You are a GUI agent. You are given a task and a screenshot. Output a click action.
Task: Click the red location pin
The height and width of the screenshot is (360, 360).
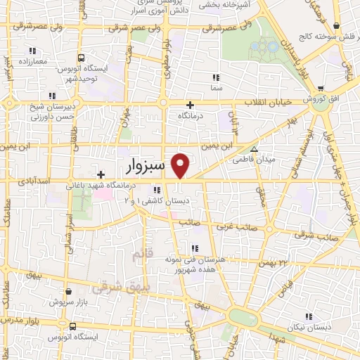pyautogui.click(x=181, y=165)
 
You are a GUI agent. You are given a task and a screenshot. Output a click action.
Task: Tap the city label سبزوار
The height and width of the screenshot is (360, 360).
pyautogui.click(x=146, y=166)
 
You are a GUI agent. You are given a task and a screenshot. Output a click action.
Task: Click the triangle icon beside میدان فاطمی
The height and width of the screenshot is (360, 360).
pyautogui.click(x=254, y=149)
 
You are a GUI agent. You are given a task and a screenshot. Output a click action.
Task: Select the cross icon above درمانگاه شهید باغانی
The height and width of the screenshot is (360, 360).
pyautogui.click(x=101, y=174)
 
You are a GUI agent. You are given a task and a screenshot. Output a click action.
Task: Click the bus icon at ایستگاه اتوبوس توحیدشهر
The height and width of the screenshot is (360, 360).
pyautogui.click(x=82, y=58)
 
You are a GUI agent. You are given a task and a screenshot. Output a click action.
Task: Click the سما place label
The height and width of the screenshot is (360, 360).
pyautogui.click(x=216, y=89)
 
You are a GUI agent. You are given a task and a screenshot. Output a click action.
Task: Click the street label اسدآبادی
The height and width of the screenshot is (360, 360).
pyautogui.click(x=35, y=181)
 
